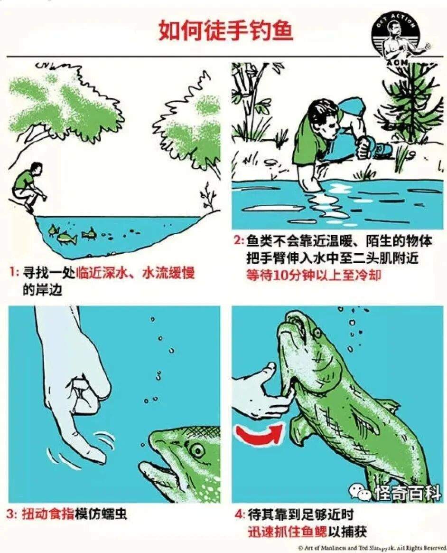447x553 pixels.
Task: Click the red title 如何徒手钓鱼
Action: tap(225, 31)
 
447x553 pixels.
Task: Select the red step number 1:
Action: tap(14, 273)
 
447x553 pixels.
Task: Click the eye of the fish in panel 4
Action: tap(317, 332)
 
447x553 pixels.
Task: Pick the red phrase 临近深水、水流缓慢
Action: tap(135, 273)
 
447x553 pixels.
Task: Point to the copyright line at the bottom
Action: tap(371, 548)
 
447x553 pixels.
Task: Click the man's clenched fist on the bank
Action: tap(365, 147)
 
